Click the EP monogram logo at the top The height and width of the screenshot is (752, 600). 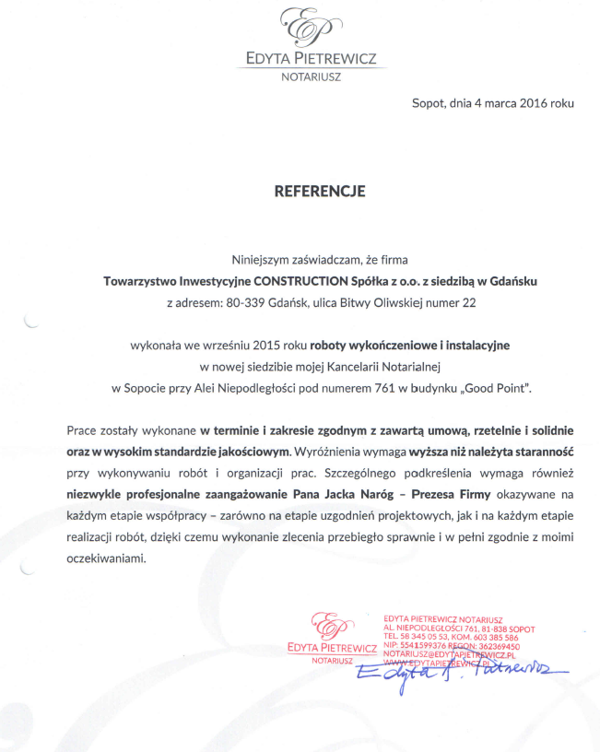coord(311,28)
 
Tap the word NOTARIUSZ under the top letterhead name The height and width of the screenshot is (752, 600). coord(311,76)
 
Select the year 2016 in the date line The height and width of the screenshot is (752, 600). coord(535,104)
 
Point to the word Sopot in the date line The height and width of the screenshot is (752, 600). coord(428,104)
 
